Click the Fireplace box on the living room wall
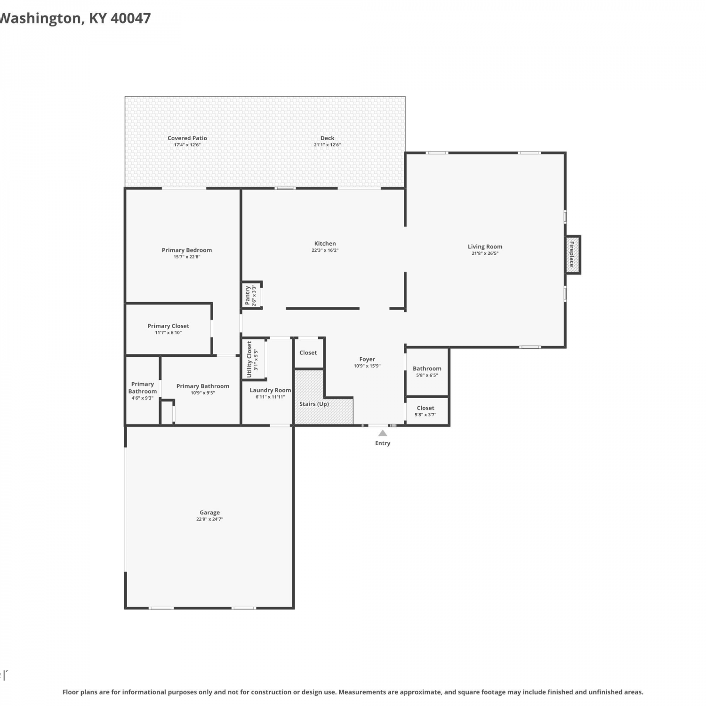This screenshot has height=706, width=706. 573,255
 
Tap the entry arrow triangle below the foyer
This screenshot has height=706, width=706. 383,433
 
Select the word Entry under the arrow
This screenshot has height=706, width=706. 383,443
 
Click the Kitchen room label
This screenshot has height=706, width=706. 325,243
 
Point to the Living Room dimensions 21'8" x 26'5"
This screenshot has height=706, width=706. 485,253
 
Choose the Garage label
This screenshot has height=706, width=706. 209,513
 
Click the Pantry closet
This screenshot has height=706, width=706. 252,295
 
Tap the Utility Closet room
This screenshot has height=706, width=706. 254,359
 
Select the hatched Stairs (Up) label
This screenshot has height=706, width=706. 314,404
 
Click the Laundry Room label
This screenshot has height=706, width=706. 270,390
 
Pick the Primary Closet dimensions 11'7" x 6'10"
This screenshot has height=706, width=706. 168,333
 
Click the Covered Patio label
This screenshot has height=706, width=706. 187,138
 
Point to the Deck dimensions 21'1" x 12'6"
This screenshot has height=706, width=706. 327,145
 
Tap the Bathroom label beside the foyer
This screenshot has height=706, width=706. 427,369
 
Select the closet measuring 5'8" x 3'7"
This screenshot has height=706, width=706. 426,411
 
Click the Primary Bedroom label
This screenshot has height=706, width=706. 187,250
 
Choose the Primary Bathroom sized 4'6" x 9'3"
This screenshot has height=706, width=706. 142,391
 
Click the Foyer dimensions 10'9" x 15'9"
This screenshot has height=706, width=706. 367,366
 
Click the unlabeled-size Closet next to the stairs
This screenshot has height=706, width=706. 309,353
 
